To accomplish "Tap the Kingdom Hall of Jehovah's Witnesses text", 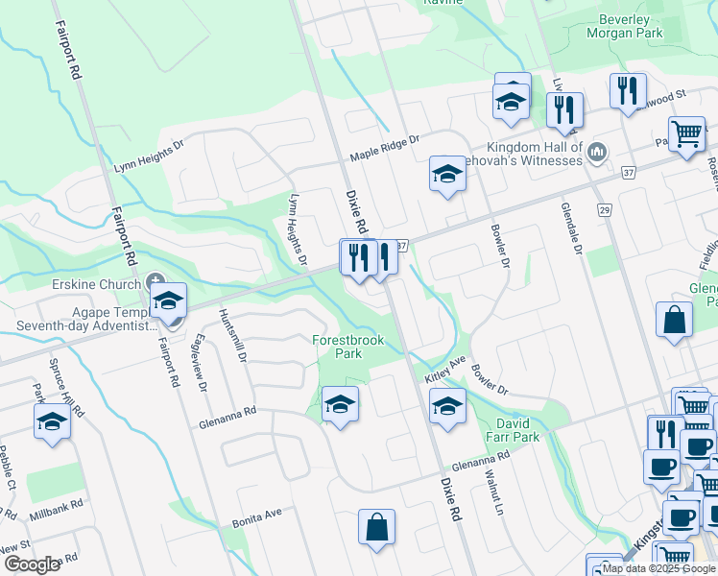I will point(534,154).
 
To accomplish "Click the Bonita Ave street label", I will point(256,518).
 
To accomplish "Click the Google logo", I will point(32,564).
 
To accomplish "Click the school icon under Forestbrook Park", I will point(340,404).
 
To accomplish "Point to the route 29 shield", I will point(604,211).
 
